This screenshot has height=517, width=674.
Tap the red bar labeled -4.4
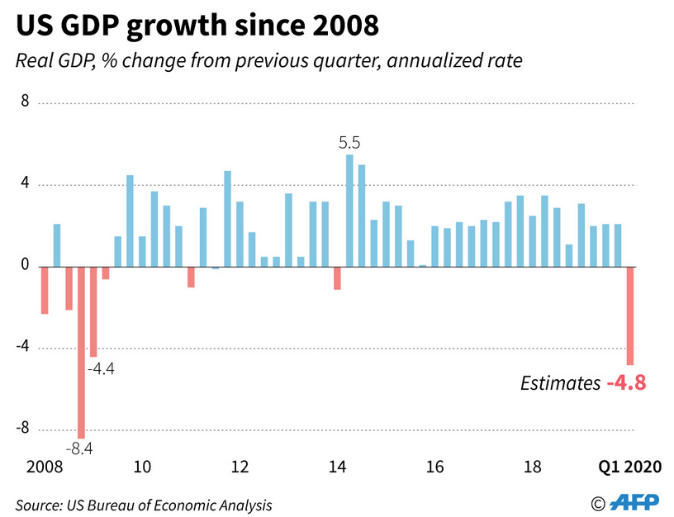point(93,311)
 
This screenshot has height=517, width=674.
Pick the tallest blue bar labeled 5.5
point(349,211)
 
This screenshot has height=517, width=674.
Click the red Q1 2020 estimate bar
point(629,315)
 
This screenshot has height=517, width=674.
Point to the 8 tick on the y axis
point(25,102)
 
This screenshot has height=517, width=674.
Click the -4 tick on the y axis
point(23,348)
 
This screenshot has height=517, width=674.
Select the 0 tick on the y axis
point(25,266)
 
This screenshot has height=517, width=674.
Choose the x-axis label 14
point(337,467)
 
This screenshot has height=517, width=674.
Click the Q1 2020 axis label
point(629,467)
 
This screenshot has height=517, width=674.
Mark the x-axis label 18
point(532,467)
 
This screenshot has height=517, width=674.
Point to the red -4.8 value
point(625,383)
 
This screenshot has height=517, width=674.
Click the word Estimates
point(560,383)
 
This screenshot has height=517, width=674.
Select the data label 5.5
point(349,143)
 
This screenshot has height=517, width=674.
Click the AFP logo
point(635,502)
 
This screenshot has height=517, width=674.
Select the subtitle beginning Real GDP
point(268,62)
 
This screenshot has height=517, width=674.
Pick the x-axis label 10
point(142,467)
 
